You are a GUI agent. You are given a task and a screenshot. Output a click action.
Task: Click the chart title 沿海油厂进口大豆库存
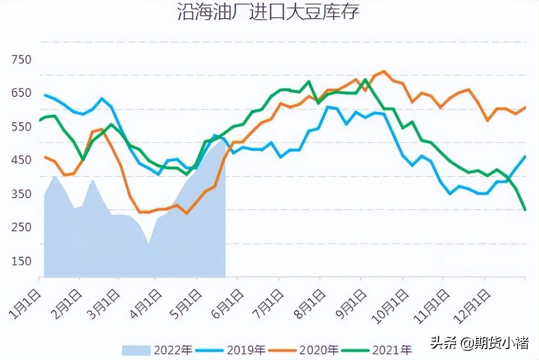click(x=269, y=13)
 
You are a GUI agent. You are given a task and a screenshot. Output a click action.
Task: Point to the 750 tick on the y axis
click(x=21, y=59)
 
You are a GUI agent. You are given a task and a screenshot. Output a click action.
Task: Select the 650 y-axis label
click(x=21, y=93)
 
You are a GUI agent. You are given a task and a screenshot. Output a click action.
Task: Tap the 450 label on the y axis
click(x=21, y=160)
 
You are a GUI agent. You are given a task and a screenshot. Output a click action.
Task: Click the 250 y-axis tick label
click(x=21, y=228)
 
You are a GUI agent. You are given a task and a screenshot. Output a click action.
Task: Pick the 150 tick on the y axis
click(x=21, y=261)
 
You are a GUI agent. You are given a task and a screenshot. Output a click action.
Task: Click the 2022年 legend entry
click(x=157, y=350)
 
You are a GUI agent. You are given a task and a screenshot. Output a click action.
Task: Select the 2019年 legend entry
click(x=231, y=350)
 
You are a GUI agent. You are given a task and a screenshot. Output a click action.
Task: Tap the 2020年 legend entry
click(x=304, y=350)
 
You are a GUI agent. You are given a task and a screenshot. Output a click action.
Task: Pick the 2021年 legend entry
click(x=377, y=350)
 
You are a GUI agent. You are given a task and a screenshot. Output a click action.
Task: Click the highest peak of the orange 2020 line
click(x=383, y=71)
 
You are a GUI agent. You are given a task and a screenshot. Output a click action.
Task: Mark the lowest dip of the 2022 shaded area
click(x=148, y=243)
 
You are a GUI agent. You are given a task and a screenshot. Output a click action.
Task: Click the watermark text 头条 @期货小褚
click(x=479, y=343)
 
